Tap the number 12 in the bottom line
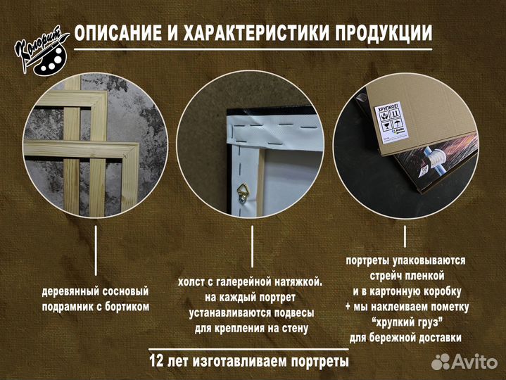point(158,362)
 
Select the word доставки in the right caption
point(437,338)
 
